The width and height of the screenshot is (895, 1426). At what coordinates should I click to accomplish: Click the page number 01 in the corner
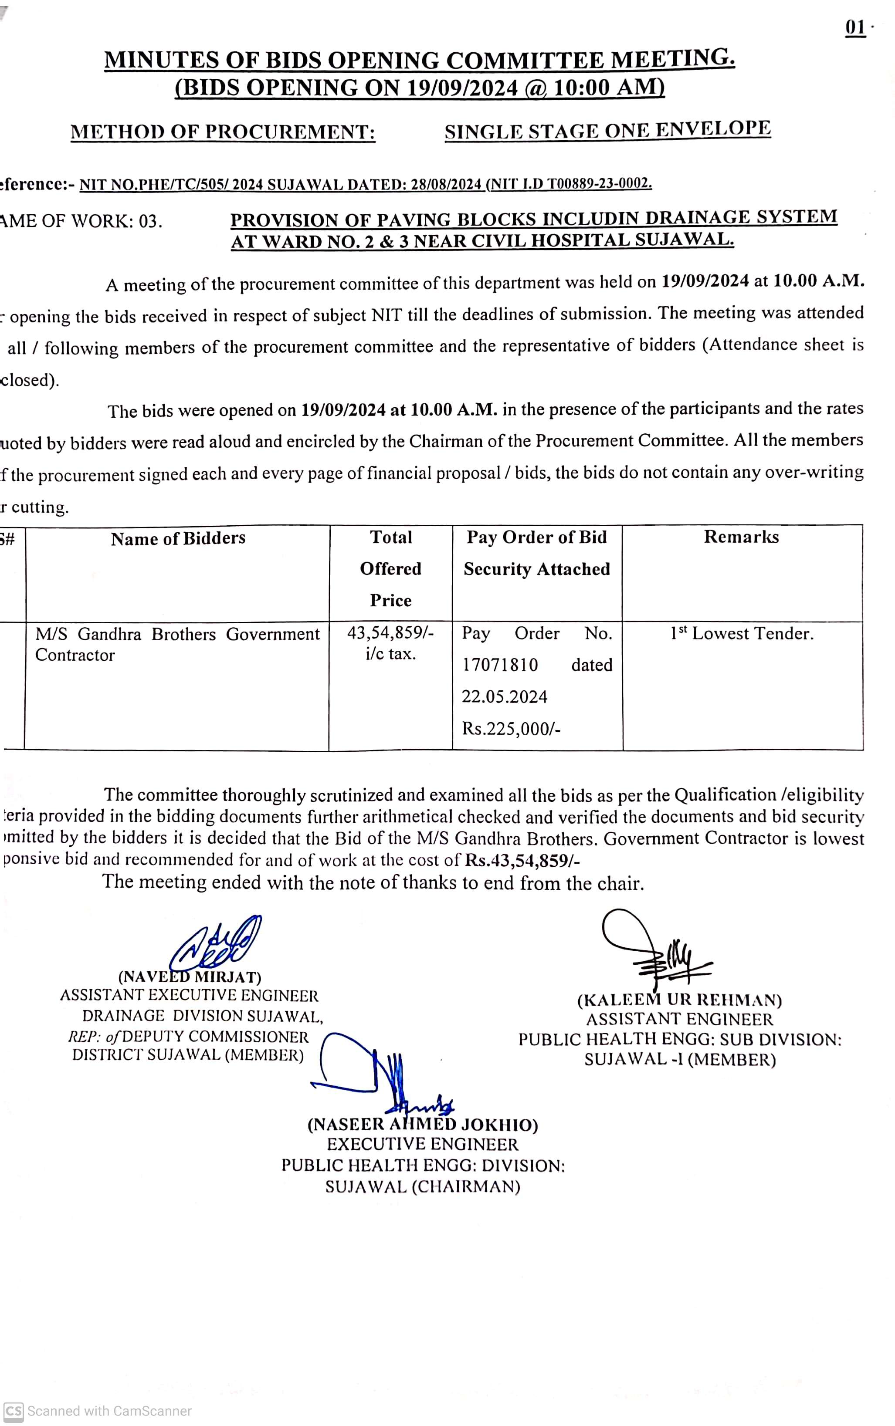(x=855, y=28)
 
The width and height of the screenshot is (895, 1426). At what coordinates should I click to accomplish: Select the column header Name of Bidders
(x=178, y=538)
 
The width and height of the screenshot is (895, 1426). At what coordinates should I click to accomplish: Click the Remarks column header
(x=741, y=537)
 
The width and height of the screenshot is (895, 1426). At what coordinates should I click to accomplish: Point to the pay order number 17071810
(x=500, y=665)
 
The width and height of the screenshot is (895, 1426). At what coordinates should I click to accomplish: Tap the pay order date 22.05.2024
(x=504, y=696)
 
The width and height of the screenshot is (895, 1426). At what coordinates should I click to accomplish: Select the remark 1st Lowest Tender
(x=742, y=634)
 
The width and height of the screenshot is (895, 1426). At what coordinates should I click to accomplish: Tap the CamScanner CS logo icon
(x=13, y=1411)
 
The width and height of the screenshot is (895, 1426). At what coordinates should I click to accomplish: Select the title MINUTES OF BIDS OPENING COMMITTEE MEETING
(x=420, y=60)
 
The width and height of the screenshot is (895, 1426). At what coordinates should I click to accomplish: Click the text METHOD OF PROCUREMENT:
(x=223, y=132)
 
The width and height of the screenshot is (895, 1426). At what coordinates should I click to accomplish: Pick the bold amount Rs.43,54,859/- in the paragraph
(x=522, y=860)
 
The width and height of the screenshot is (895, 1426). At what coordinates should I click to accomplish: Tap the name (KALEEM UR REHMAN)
(x=680, y=1000)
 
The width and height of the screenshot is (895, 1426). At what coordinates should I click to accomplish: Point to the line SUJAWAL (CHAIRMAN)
(x=423, y=1186)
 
